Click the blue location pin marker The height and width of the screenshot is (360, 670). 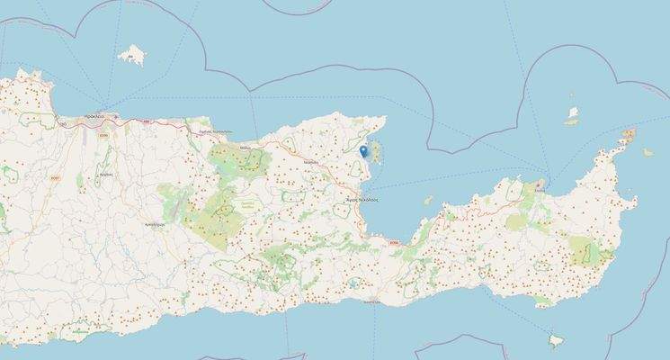coord(362,151)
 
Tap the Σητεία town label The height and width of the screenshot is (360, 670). coord(539,188)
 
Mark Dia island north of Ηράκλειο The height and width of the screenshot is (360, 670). coord(131,56)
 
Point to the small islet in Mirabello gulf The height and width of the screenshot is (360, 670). coord(428,201)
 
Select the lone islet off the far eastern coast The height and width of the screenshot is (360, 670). coord(648,152)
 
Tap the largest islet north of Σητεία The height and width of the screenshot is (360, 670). coord(572,114)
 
